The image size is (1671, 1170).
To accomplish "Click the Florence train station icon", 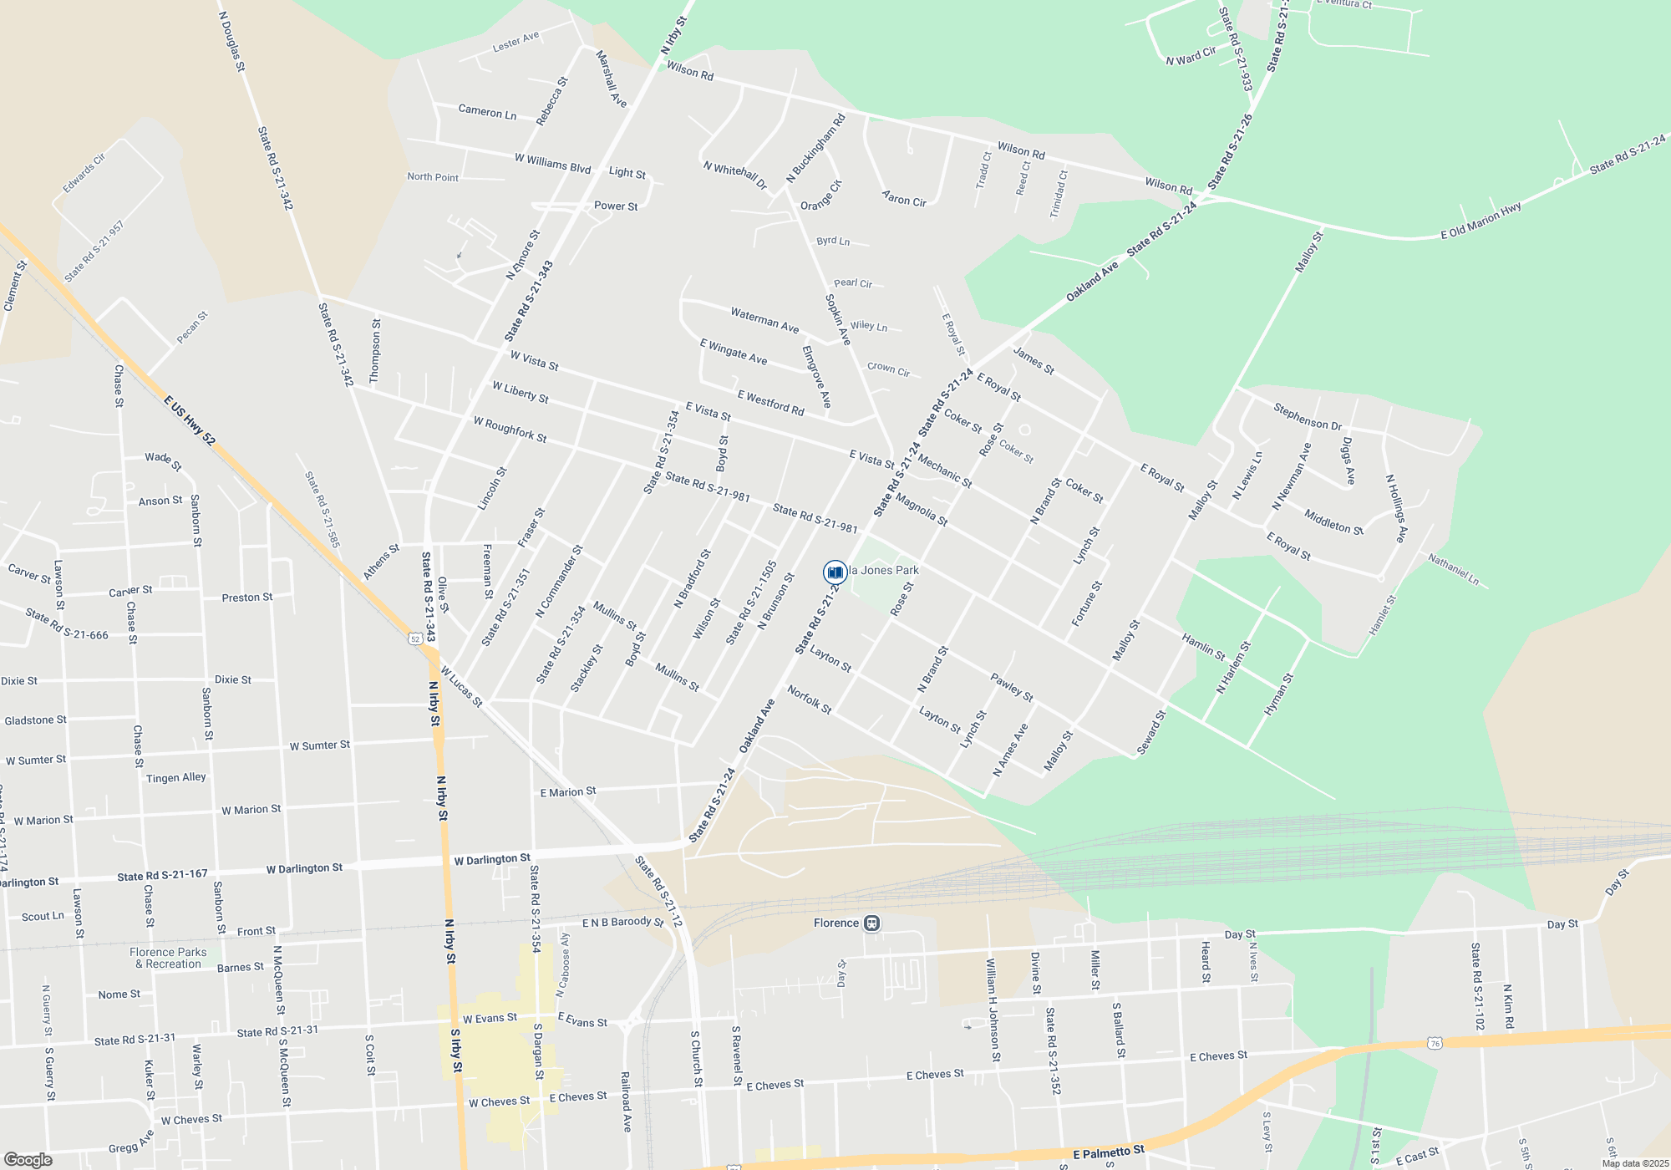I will pyautogui.click(x=871, y=923).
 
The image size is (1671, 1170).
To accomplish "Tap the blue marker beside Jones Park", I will pyautogui.click(x=835, y=572).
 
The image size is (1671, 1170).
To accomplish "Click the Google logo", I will pyautogui.click(x=28, y=1160).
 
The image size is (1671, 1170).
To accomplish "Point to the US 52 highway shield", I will pyautogui.click(x=415, y=638).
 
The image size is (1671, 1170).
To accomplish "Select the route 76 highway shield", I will pyautogui.click(x=1435, y=1043).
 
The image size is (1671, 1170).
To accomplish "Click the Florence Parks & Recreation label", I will pyautogui.click(x=168, y=958).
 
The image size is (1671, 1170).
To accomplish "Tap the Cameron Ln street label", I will pyautogui.click(x=487, y=111).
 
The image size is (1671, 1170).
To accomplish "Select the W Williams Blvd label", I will pyautogui.click(x=552, y=162).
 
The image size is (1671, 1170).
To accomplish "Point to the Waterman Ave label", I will pyautogui.click(x=764, y=320).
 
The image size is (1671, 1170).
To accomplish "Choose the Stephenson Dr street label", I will pyautogui.click(x=1307, y=415).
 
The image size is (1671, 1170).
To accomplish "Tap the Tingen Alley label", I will pyautogui.click(x=175, y=778).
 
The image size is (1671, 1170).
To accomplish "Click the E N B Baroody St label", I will pyautogui.click(x=622, y=923).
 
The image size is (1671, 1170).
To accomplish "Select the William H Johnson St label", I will pyautogui.click(x=993, y=1010).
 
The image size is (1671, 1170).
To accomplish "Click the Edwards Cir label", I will pyautogui.click(x=84, y=173).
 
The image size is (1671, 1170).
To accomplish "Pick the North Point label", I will pyautogui.click(x=433, y=177).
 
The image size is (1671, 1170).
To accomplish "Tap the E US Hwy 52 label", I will pyautogui.click(x=190, y=420).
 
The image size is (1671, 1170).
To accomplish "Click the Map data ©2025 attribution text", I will pyautogui.click(x=1635, y=1163).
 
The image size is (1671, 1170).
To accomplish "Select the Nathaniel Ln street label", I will pyautogui.click(x=1453, y=569).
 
